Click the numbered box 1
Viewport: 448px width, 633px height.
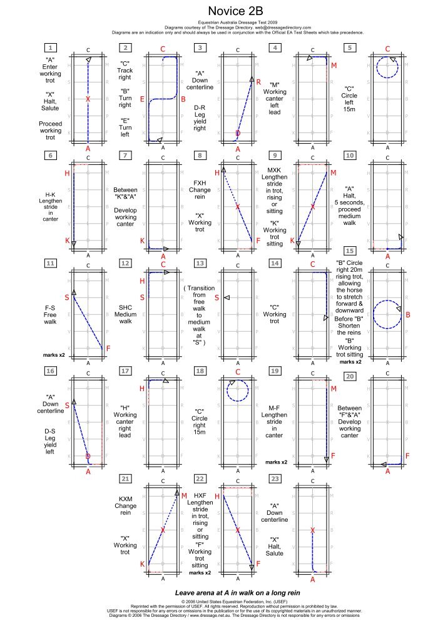tap(50, 48)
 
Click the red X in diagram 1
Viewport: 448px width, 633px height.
tap(88, 99)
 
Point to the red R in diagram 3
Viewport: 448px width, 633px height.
tap(258, 82)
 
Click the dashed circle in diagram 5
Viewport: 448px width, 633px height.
tap(387, 66)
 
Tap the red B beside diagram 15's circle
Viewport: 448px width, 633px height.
tap(408, 315)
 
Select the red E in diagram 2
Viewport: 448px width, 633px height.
tap(142, 99)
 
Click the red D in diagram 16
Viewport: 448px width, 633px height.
tap(88, 457)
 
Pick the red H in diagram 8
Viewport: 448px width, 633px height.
tap(217, 172)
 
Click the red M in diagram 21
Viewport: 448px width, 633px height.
tap(184, 496)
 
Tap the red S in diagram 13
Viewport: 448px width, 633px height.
tap(216, 297)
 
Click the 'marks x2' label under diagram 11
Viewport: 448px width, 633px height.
tap(54, 354)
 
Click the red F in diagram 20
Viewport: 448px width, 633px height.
tap(408, 456)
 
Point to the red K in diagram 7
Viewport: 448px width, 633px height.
tap(142, 241)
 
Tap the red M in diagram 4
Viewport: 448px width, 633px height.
tap(333, 66)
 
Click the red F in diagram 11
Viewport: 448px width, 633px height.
tap(108, 348)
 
